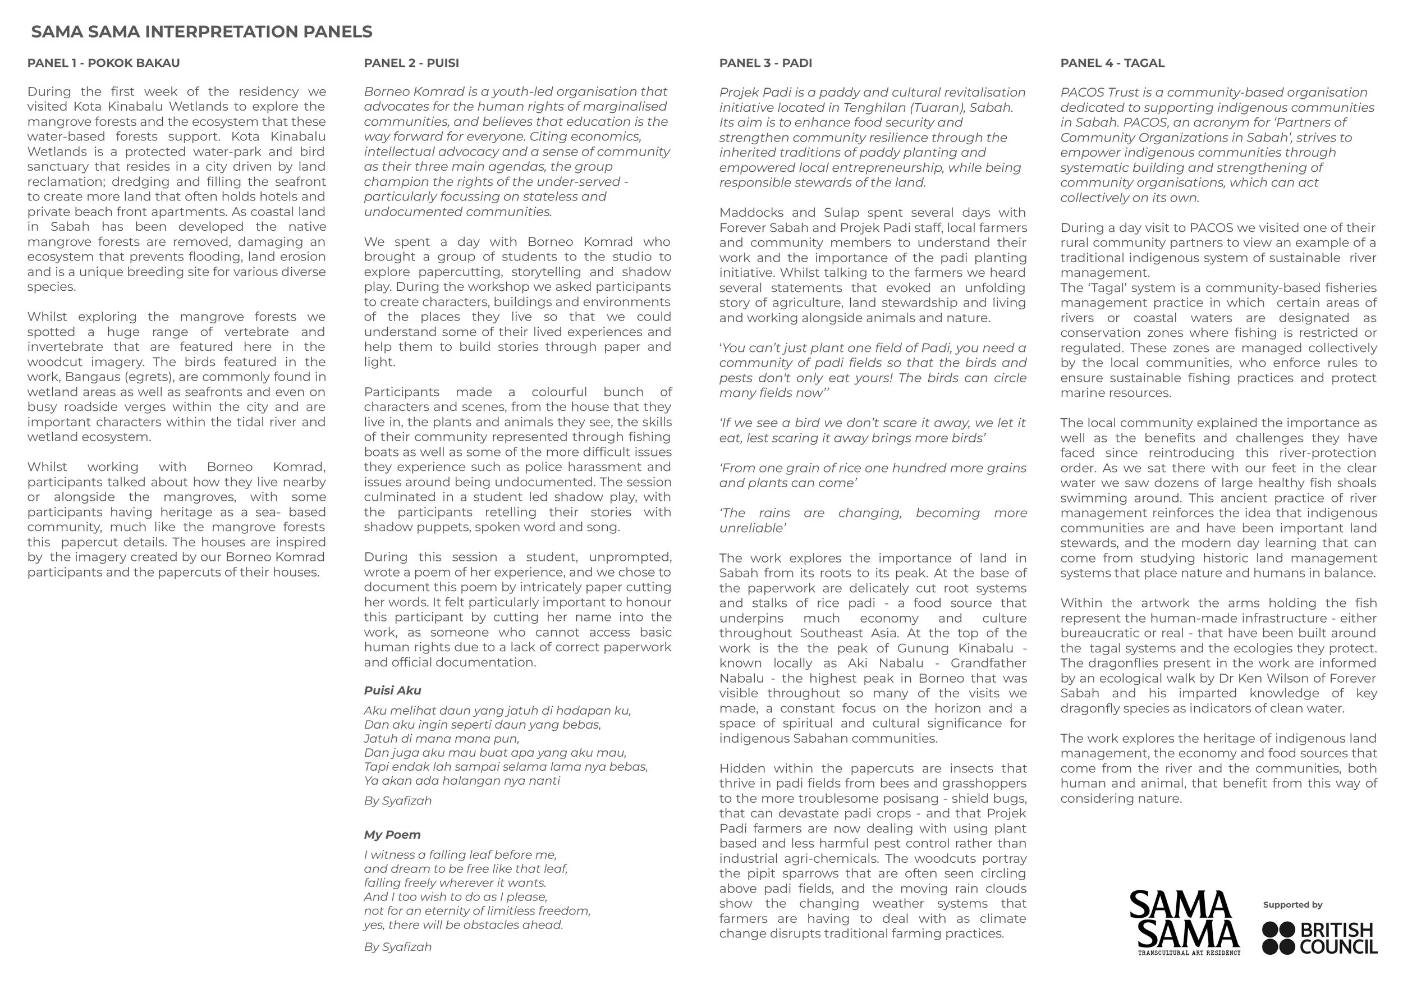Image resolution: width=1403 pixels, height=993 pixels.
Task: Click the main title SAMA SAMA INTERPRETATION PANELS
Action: click(201, 32)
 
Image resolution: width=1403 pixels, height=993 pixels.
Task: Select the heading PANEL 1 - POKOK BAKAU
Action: click(103, 63)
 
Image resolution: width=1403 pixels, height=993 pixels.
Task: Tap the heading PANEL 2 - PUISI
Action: click(411, 63)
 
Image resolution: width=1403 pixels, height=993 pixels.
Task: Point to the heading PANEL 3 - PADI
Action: click(765, 63)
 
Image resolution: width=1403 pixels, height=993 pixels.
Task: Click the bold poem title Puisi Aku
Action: click(392, 690)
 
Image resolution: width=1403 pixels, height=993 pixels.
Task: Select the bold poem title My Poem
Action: click(392, 835)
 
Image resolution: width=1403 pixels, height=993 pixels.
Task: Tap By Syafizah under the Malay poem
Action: click(398, 800)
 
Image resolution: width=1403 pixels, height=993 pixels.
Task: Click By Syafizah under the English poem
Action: click(398, 946)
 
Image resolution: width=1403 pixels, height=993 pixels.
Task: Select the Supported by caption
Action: click(1292, 905)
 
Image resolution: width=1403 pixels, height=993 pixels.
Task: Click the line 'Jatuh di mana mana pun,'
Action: click(441, 739)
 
